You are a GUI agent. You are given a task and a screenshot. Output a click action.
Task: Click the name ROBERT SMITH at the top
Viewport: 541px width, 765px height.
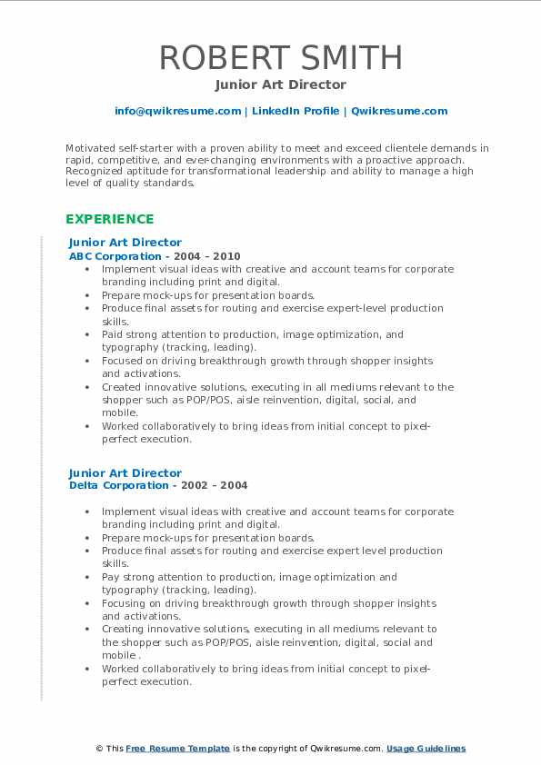click(281, 57)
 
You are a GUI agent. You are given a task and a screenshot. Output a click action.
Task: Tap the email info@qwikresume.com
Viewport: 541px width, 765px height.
click(177, 111)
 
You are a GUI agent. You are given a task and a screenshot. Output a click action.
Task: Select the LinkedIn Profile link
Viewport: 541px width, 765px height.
click(295, 111)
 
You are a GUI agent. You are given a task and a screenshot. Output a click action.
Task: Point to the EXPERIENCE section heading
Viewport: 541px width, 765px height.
click(109, 219)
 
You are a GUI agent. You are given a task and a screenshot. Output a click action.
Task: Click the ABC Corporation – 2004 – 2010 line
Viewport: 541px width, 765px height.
click(155, 256)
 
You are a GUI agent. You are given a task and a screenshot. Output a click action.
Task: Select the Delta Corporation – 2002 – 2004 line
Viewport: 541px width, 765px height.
click(157, 485)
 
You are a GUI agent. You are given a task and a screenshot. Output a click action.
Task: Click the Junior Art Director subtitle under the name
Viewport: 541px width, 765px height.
click(281, 84)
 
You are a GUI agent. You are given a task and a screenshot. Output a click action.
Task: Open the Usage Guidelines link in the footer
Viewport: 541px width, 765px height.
click(426, 749)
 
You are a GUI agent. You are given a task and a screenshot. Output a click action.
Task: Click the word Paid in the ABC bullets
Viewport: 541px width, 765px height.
click(112, 334)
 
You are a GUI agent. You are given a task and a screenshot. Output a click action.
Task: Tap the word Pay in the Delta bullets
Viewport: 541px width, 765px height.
click(111, 577)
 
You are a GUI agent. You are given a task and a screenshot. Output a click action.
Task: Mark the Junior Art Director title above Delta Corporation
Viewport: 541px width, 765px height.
click(125, 472)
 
